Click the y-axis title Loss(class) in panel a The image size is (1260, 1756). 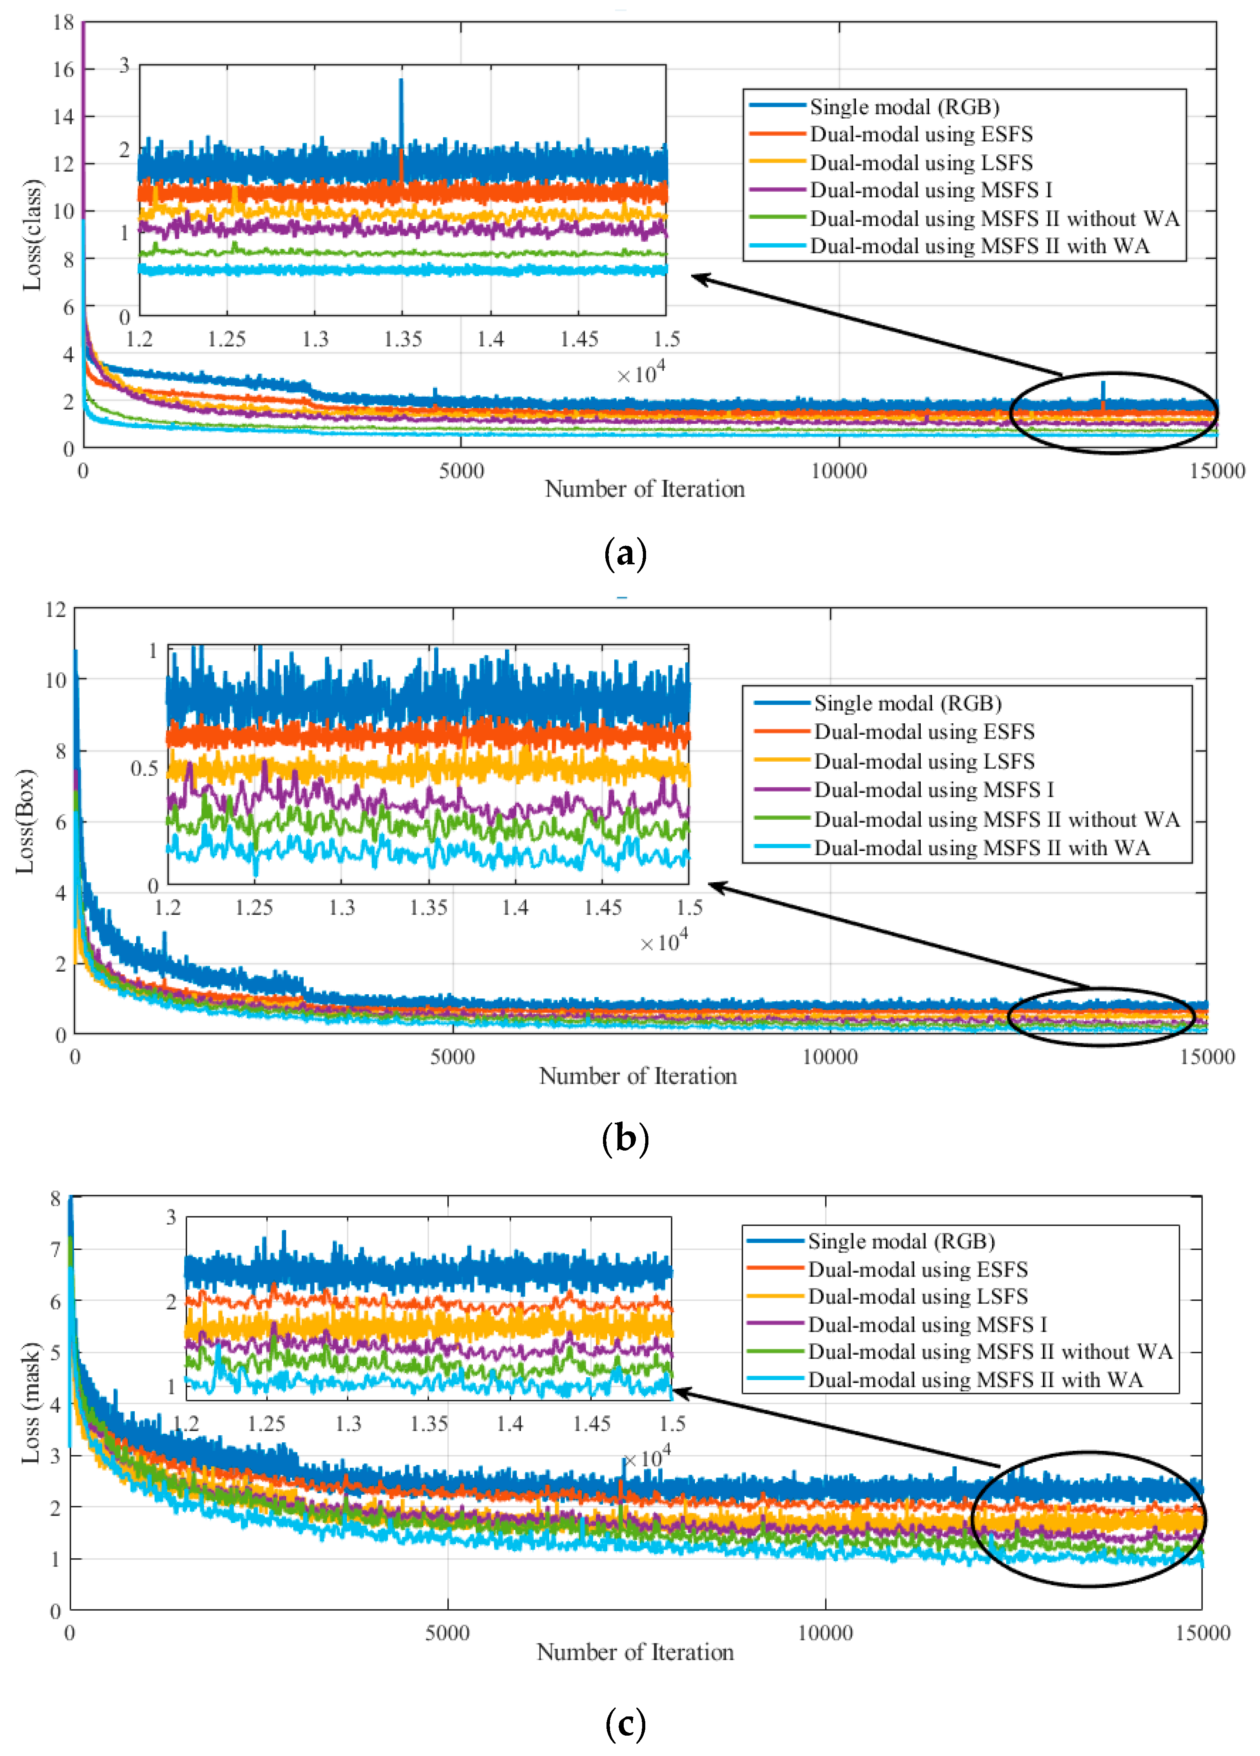[x=33, y=235]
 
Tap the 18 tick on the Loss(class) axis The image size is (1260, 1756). [x=63, y=23]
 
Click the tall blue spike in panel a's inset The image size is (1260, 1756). [x=401, y=116]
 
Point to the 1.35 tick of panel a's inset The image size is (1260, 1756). [x=403, y=339]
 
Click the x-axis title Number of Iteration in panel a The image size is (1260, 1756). [x=644, y=490]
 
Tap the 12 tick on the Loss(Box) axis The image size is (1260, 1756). [x=56, y=609]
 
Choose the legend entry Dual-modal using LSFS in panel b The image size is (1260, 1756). [x=924, y=761]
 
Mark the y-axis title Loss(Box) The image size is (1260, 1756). [x=25, y=822]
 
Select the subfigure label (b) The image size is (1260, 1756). [x=624, y=1139]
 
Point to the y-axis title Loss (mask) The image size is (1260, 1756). [x=31, y=1403]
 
